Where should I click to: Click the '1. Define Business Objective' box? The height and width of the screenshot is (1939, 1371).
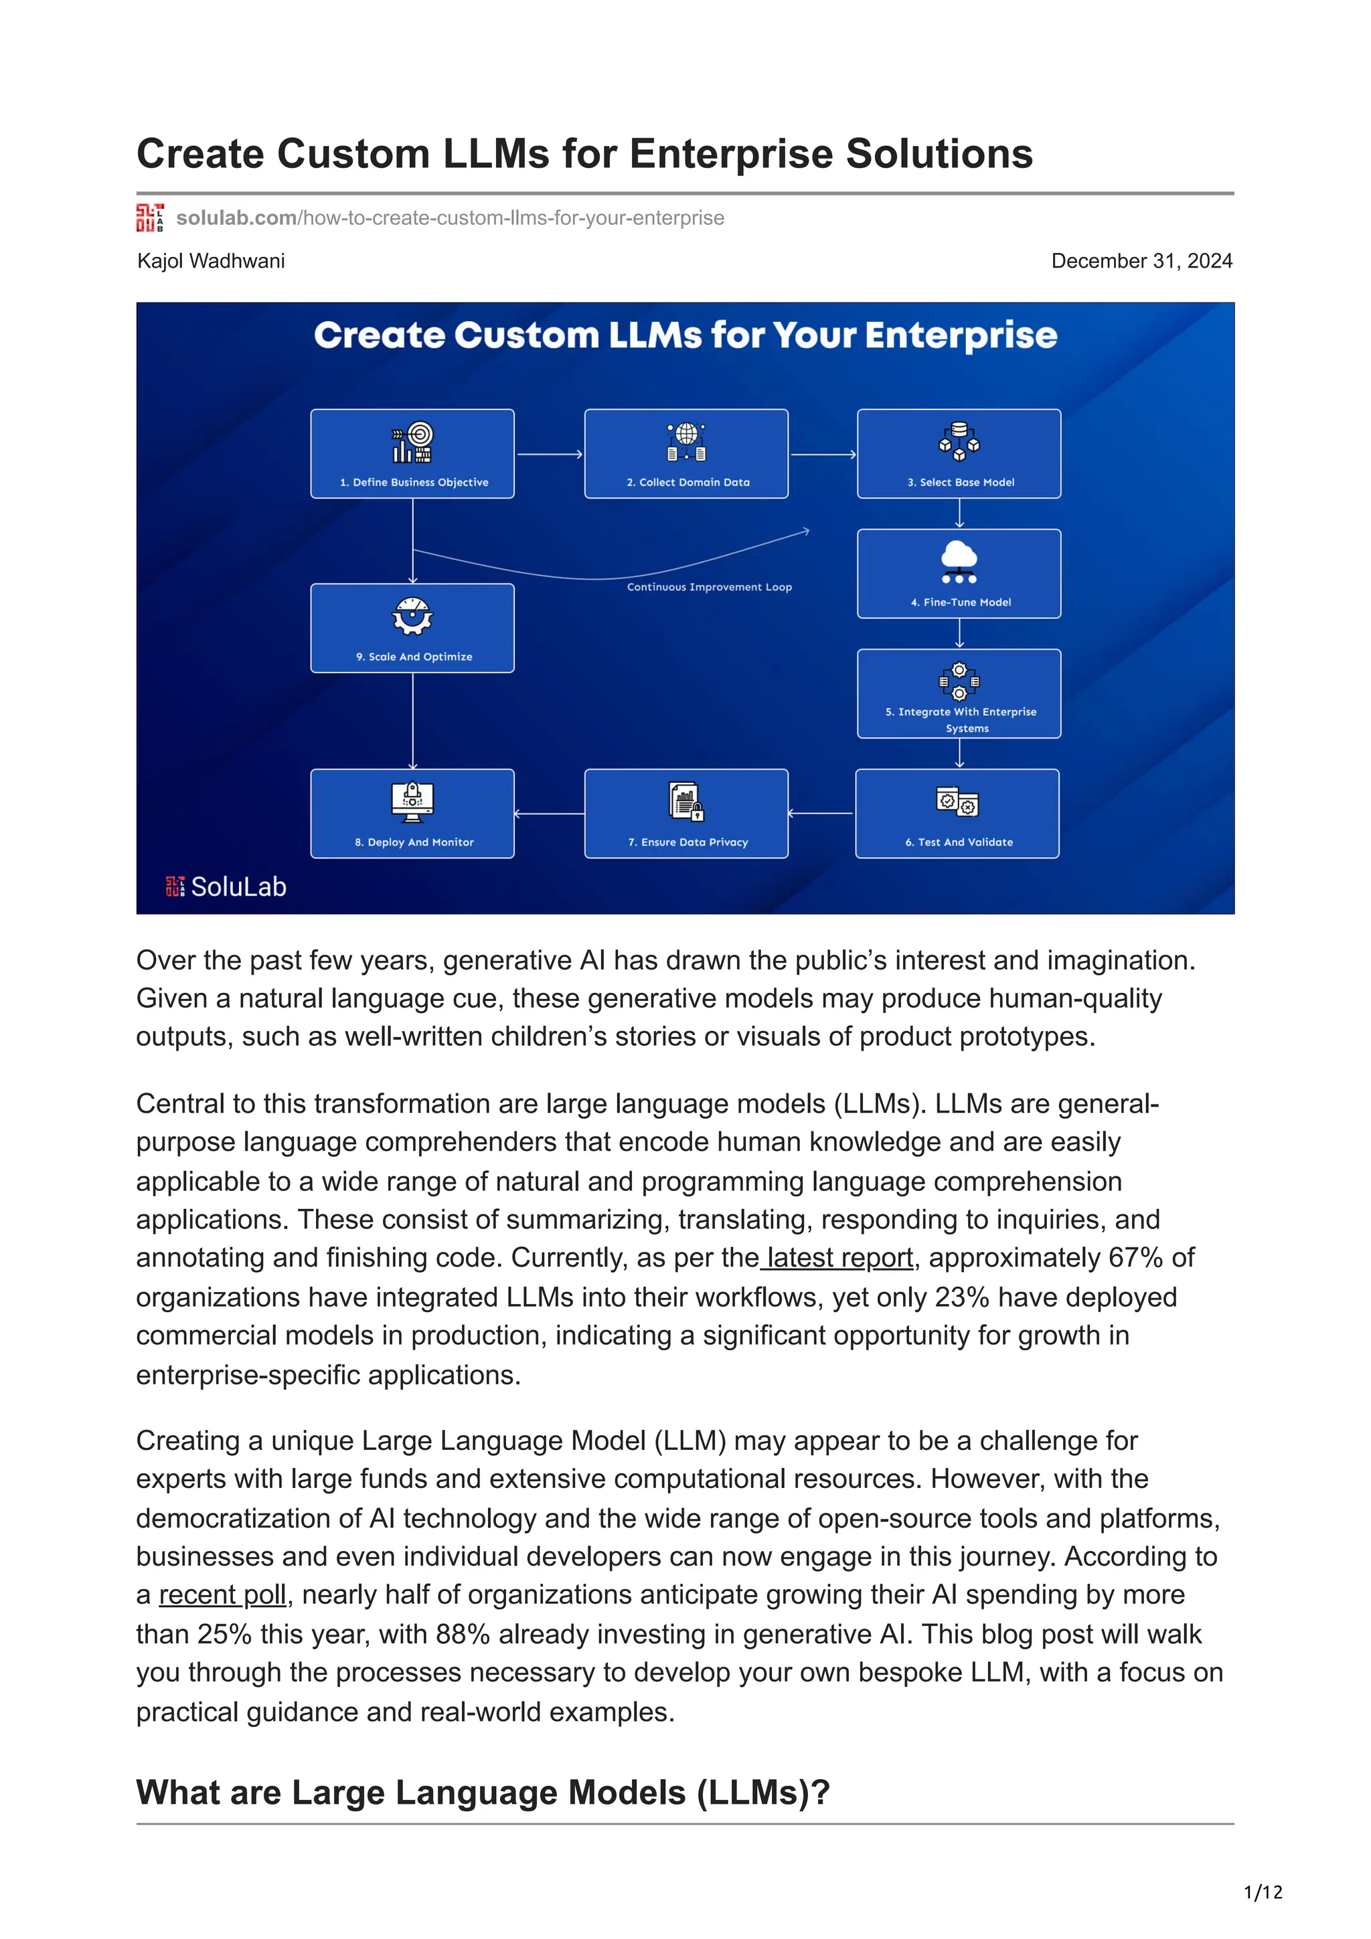click(x=412, y=454)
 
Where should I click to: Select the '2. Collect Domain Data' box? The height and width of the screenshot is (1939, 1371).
click(x=686, y=454)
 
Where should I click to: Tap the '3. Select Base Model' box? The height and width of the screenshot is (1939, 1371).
click(x=959, y=454)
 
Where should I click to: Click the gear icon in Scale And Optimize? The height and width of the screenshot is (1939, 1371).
click(x=412, y=616)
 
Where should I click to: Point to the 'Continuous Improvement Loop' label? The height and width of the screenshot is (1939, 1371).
click(x=710, y=587)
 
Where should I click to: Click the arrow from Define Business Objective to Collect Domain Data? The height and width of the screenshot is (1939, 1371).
click(x=549, y=454)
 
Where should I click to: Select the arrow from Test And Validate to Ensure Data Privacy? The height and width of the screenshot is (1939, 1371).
click(x=821, y=813)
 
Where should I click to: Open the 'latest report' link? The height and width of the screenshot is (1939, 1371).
click(x=839, y=1257)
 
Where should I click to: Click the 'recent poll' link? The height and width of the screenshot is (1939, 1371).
click(x=223, y=1594)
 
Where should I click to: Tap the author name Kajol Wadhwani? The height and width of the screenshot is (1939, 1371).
click(x=211, y=261)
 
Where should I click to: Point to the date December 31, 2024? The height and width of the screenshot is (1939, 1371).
click(x=1141, y=261)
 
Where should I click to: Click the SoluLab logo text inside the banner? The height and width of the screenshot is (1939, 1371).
click(x=238, y=887)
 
